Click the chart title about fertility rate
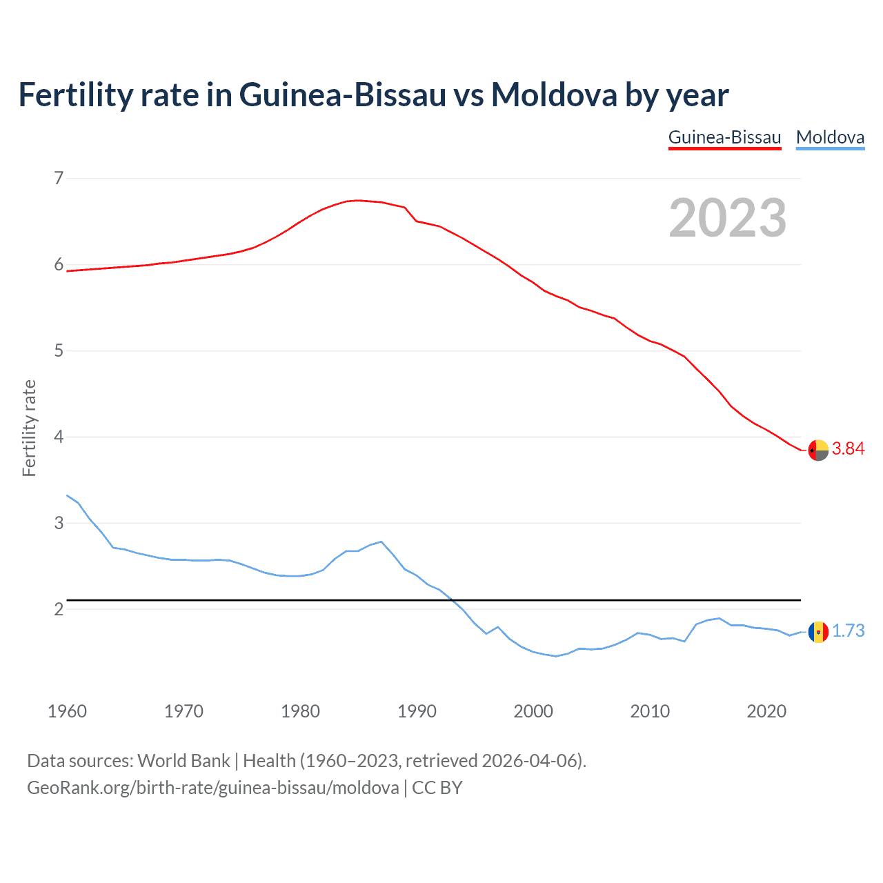(x=373, y=95)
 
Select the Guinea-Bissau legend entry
(x=724, y=137)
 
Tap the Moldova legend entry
(x=830, y=137)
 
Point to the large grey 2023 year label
(x=727, y=218)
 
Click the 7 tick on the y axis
(x=59, y=179)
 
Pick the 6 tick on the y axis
(x=59, y=265)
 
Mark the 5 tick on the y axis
(x=59, y=351)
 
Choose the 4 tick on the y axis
(x=59, y=437)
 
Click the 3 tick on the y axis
(x=59, y=523)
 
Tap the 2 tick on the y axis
(x=59, y=609)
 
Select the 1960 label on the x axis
(x=67, y=711)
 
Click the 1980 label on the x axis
(x=300, y=711)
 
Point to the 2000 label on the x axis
(x=533, y=711)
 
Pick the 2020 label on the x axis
(x=766, y=711)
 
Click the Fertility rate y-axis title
(x=29, y=428)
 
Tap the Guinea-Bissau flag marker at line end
(x=818, y=450)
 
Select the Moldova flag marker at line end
(x=818, y=632)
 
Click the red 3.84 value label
(x=848, y=449)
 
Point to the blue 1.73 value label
(x=848, y=631)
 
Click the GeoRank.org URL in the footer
(x=212, y=788)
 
